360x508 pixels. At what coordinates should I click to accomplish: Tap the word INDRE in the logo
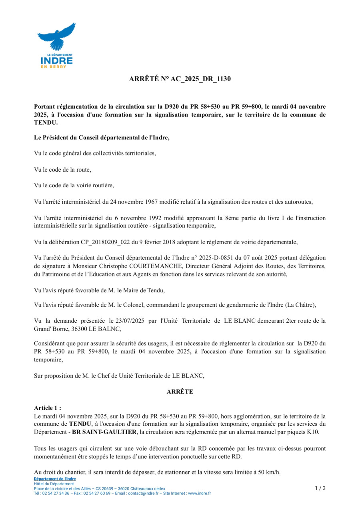56,61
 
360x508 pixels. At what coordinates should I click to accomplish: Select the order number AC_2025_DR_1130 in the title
201,79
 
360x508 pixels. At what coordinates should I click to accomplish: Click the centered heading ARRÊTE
180,392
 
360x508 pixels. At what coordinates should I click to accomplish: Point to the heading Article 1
47,408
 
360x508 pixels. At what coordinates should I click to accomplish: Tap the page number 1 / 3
320,488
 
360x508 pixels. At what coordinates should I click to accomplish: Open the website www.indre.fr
199,493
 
